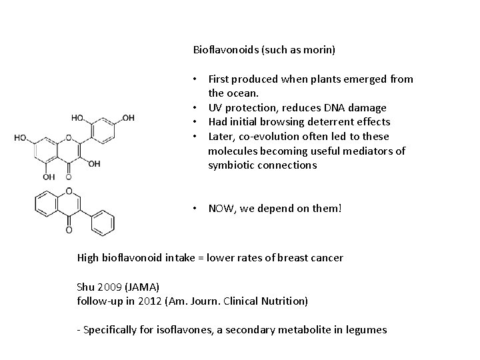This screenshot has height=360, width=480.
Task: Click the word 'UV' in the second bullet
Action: click(x=215, y=107)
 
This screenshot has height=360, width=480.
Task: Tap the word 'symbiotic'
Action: click(x=231, y=165)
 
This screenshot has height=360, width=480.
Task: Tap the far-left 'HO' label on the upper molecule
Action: click(x=21, y=138)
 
